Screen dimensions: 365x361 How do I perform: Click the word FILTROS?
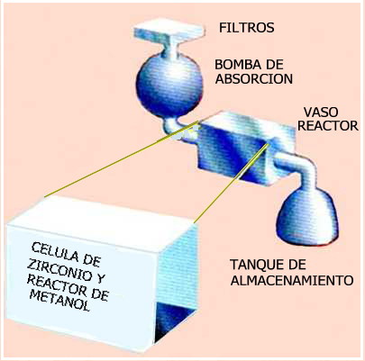(x=247, y=28)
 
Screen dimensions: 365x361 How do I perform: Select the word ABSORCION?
(x=254, y=78)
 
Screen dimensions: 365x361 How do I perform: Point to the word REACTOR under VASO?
(x=328, y=126)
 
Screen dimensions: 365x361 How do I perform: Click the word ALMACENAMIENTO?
(x=292, y=281)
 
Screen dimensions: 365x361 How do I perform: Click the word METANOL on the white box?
(x=60, y=300)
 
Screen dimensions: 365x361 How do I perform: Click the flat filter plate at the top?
(x=169, y=32)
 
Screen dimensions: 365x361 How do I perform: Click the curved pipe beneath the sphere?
(x=174, y=128)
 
